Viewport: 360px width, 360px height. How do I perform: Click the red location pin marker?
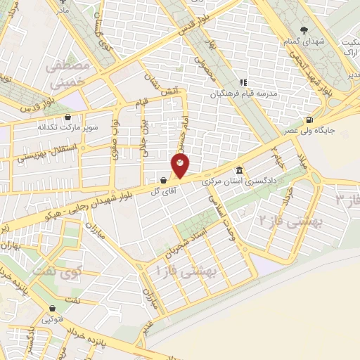tap(181, 167)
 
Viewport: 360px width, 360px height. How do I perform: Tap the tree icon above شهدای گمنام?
tap(304, 30)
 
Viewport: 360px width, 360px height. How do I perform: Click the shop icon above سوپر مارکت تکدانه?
tap(67, 117)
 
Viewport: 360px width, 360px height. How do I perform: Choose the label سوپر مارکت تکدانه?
tap(67, 129)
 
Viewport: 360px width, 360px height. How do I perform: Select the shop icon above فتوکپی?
tap(52, 308)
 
